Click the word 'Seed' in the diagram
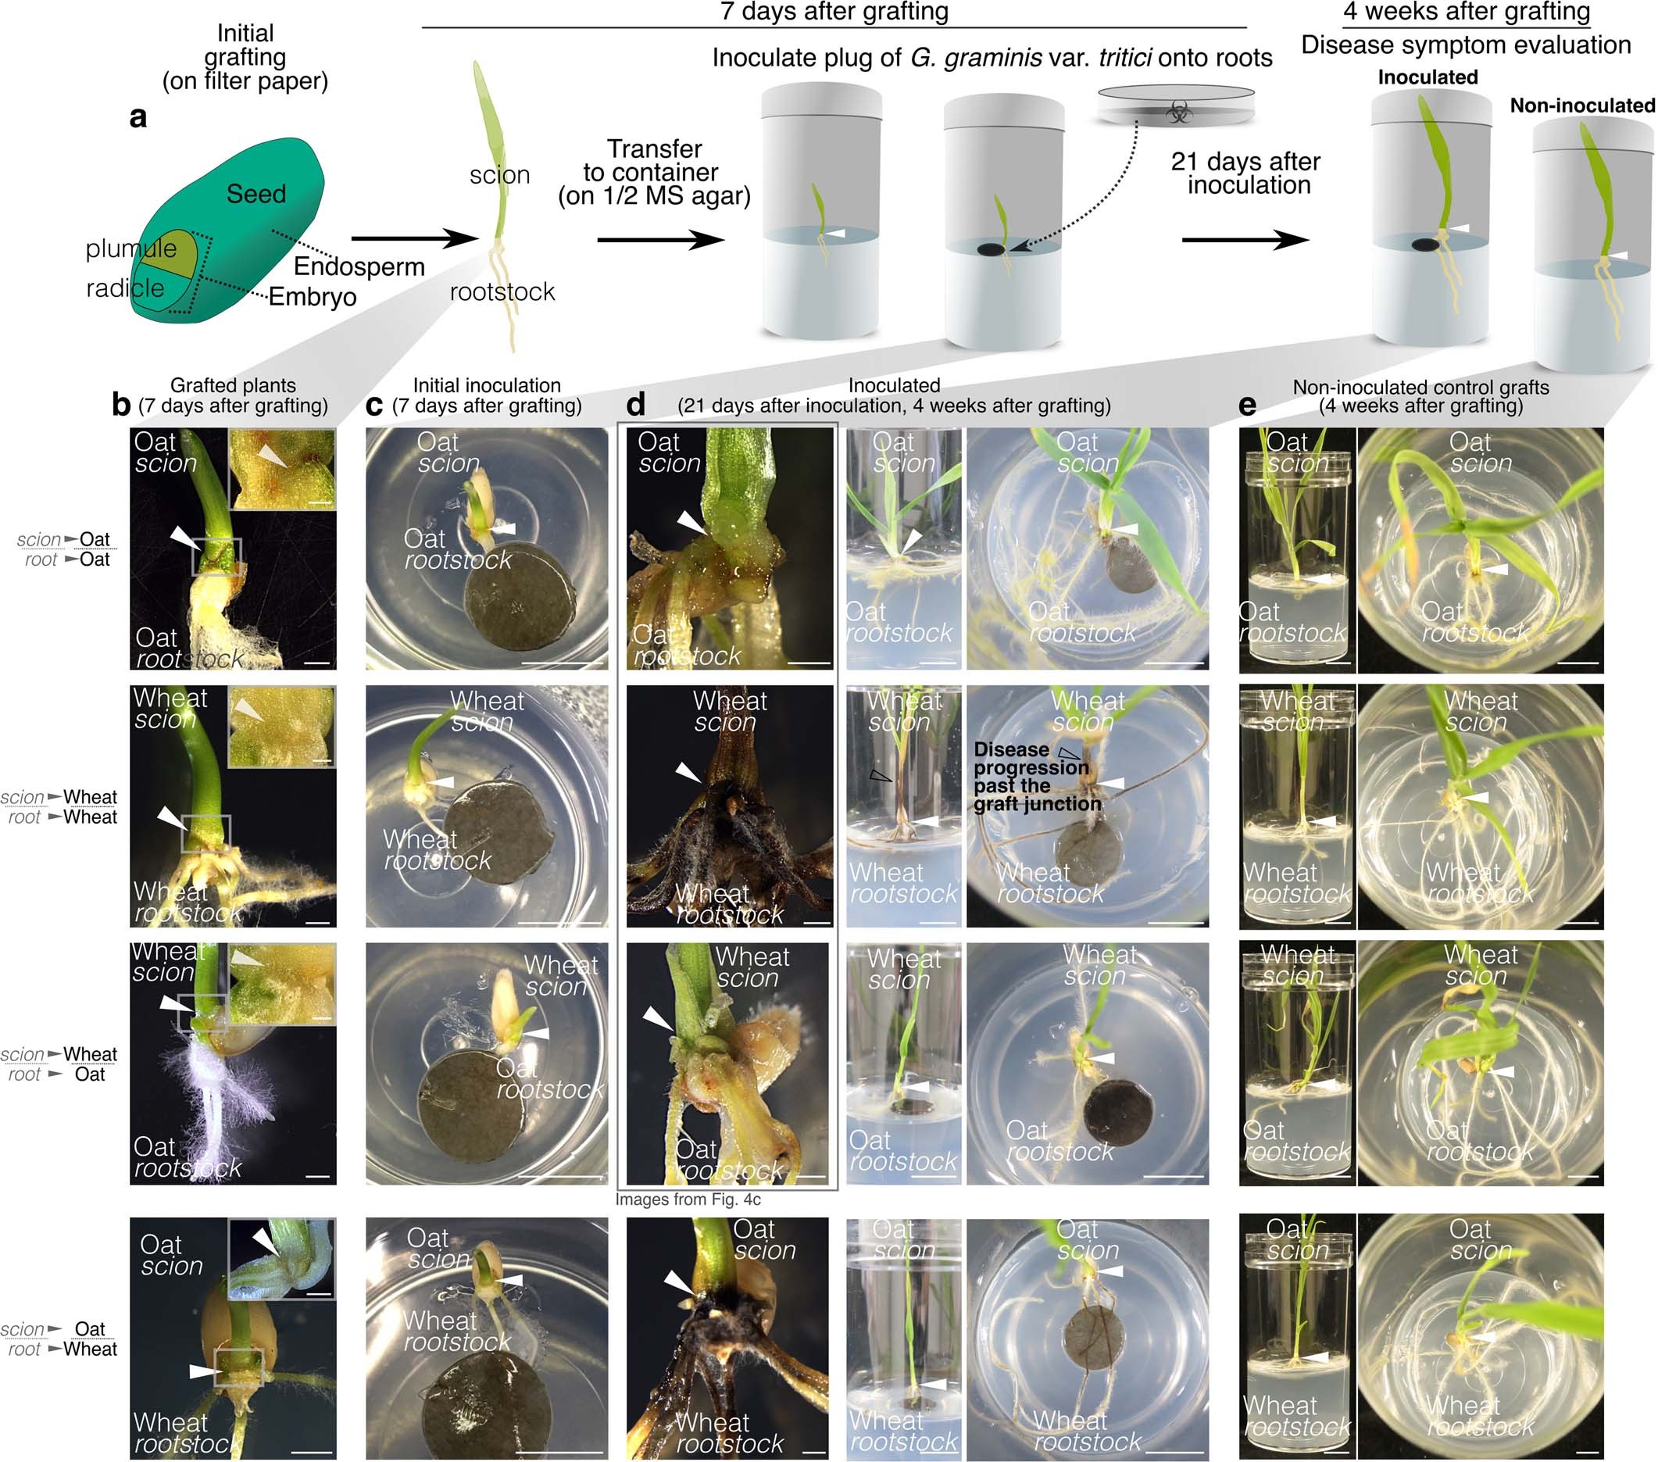point(255,194)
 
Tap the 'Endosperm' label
point(359,266)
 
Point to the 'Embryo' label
point(313,297)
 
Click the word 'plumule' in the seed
point(130,248)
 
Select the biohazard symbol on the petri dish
point(1178,112)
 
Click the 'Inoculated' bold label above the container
point(1427,77)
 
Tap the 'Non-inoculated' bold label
point(1581,105)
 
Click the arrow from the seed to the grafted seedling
point(414,238)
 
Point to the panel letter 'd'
point(636,404)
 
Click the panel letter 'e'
point(1248,404)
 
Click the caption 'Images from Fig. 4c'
point(688,1199)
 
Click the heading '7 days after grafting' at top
point(834,12)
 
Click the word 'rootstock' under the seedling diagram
point(502,291)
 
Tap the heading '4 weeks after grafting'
point(1467,12)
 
